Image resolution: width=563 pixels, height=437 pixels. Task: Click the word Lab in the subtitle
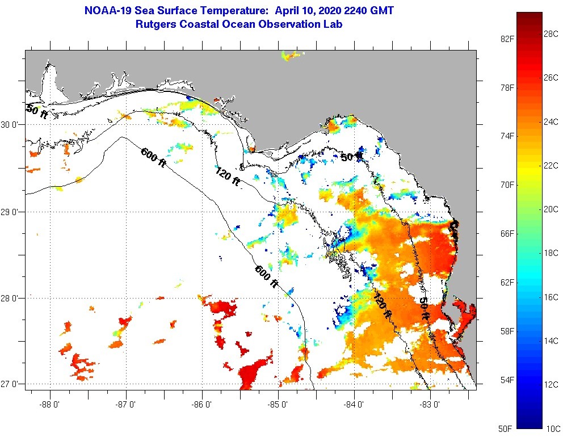(333, 24)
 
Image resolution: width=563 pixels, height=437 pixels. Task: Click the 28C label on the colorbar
(550, 33)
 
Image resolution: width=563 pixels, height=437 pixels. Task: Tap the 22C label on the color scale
(550, 165)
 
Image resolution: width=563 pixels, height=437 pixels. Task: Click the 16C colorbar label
(550, 297)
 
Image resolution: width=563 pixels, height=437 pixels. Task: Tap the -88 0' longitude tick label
(50, 405)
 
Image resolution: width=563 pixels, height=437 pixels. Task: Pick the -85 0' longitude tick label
(278, 405)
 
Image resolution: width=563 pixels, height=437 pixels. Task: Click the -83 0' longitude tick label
(430, 405)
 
